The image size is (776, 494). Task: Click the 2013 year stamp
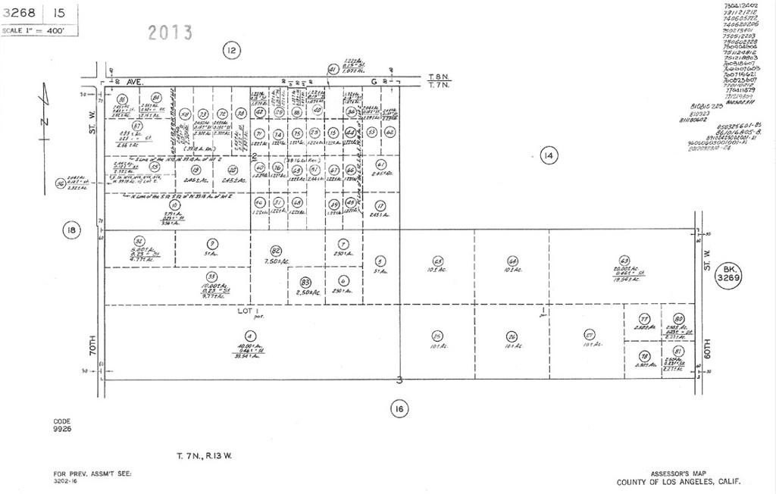coord(170,33)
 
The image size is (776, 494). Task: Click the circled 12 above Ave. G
coord(231,51)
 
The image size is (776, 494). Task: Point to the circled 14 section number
coord(549,157)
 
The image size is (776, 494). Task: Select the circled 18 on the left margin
coord(71,231)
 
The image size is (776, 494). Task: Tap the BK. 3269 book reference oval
coord(731,274)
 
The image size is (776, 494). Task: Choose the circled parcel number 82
coord(276,251)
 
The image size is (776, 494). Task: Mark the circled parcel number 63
coord(624,260)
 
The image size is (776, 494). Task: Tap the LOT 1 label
coord(250,311)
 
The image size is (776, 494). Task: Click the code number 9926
coord(62,428)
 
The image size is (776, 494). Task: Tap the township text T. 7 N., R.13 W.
coord(205,455)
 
